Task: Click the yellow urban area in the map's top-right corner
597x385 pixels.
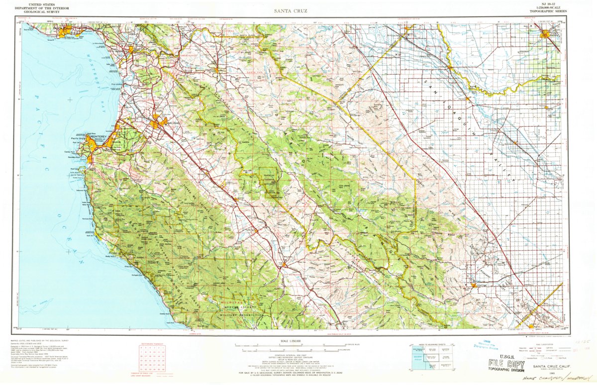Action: [548, 35]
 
